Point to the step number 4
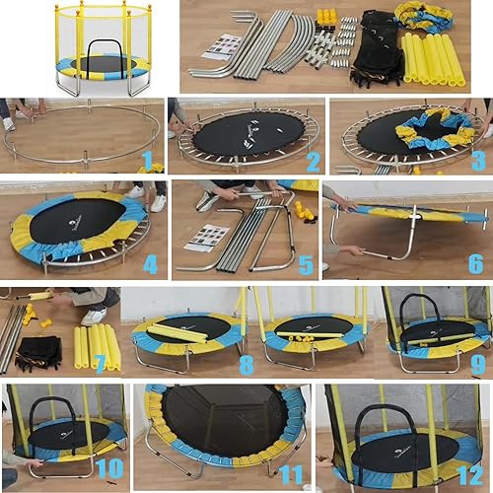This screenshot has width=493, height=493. click(150, 264)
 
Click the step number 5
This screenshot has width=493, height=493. click(307, 264)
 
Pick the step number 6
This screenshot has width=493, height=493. click(475, 264)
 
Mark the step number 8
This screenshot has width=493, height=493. click(246, 363)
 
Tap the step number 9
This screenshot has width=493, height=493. click(477, 363)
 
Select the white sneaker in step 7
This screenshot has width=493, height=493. click(94, 316)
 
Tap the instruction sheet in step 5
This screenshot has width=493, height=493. click(208, 238)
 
